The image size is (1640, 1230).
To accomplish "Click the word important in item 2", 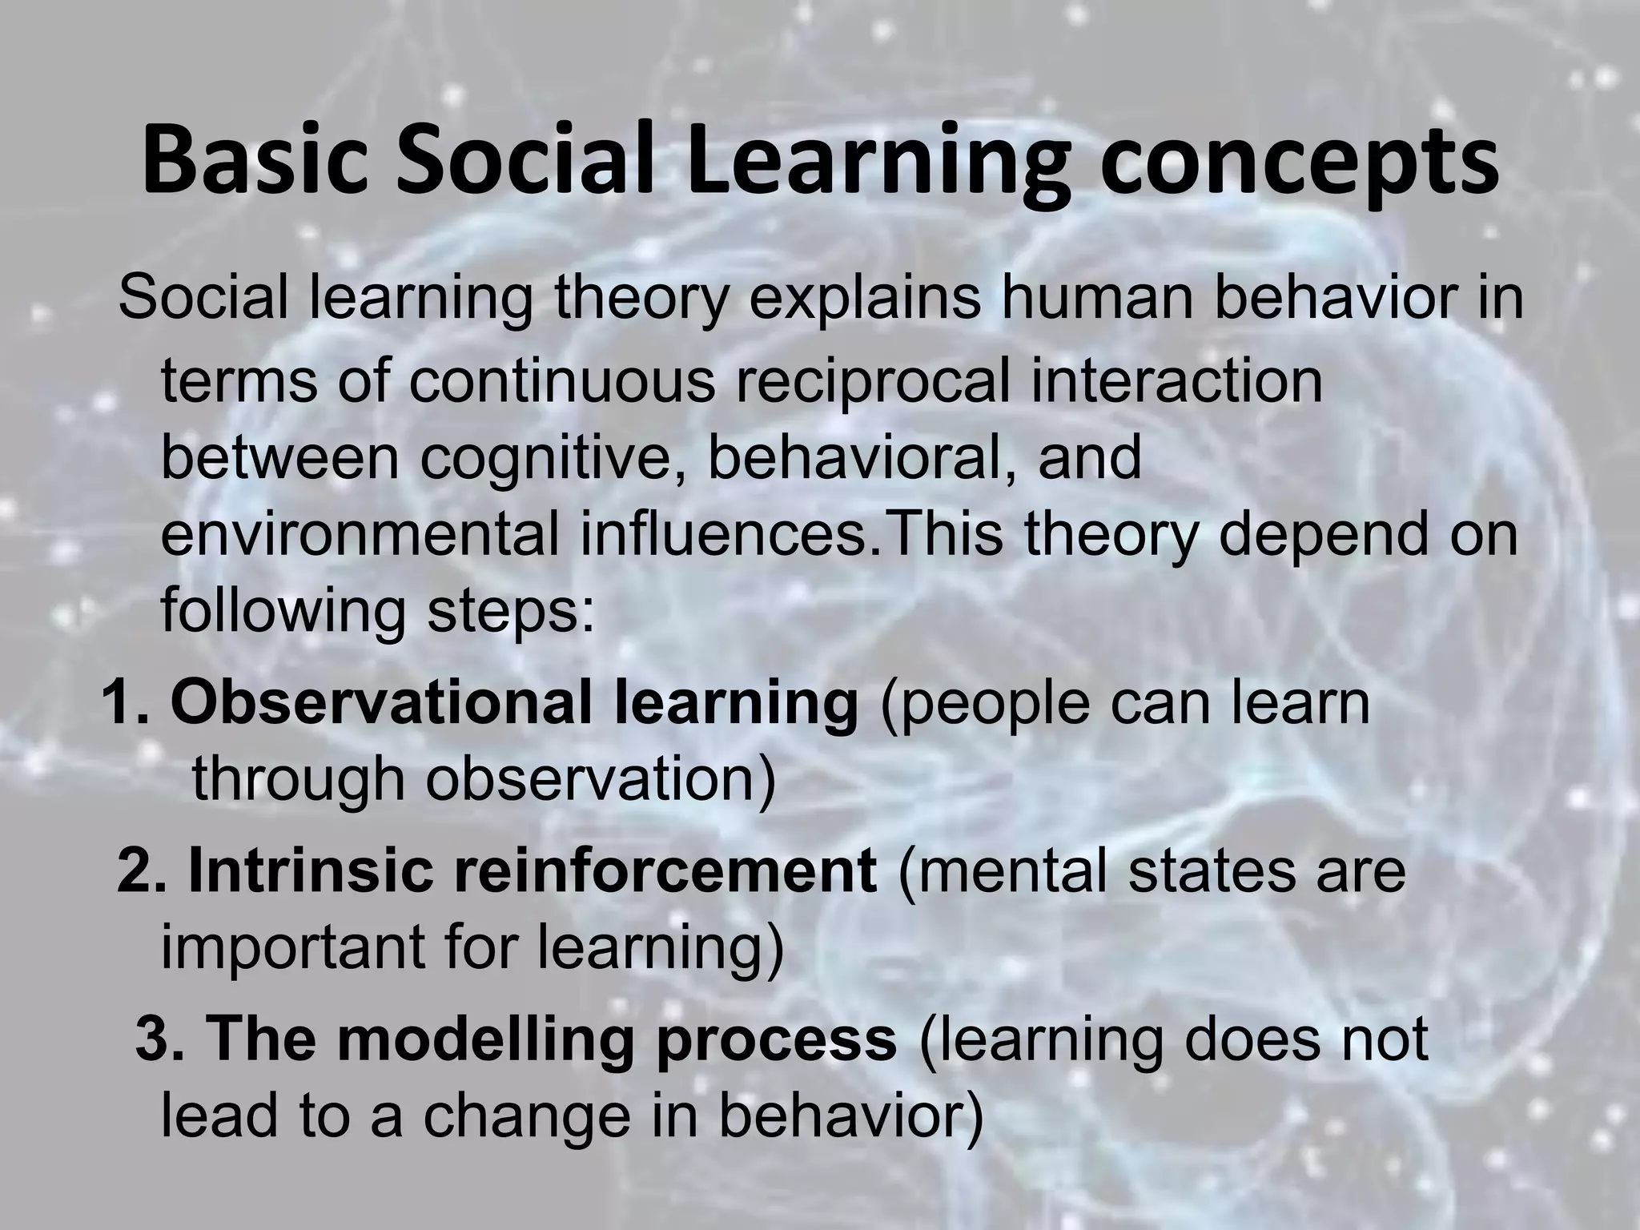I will coord(299,947).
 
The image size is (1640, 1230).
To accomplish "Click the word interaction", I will coord(1176,381).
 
